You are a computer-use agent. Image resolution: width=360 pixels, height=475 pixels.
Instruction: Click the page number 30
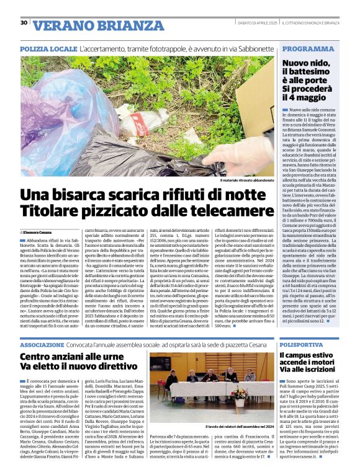coord(24,23)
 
